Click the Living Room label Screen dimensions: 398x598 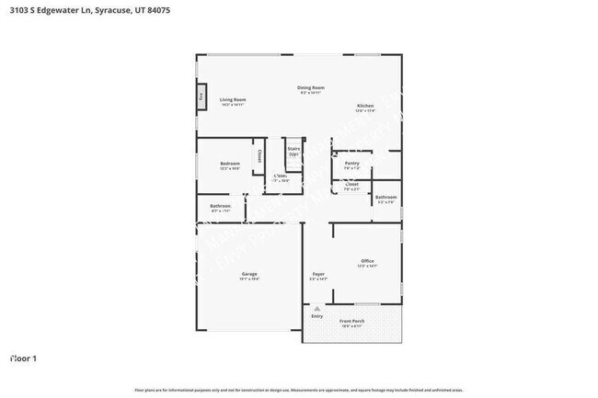[x=232, y=99]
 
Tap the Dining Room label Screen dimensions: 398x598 [x=311, y=88]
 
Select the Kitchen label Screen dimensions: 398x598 [x=365, y=107]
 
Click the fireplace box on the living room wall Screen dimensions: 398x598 [x=201, y=96]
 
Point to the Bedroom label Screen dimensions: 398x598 [x=229, y=164]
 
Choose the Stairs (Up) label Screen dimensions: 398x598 [x=293, y=148]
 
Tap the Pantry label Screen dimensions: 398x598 [x=351, y=164]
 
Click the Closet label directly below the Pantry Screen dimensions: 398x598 [x=351, y=184]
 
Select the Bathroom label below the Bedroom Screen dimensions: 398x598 [x=220, y=206]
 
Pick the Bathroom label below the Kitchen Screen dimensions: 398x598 [x=385, y=197]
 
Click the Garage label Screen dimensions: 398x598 [x=248, y=274]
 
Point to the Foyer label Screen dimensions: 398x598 [x=318, y=274]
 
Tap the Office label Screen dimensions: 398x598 [x=367, y=261]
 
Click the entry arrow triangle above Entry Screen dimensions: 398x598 [x=316, y=309]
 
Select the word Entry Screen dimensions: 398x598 [x=316, y=316]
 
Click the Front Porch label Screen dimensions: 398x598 [x=352, y=321]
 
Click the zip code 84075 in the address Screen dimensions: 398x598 [x=156, y=9]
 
